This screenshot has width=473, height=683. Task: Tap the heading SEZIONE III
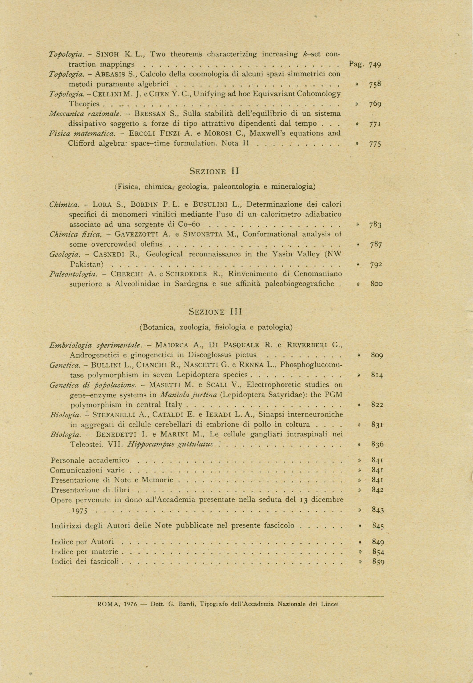(215, 312)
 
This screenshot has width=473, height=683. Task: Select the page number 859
(378, 562)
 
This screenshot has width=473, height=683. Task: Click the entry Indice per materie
(85, 552)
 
